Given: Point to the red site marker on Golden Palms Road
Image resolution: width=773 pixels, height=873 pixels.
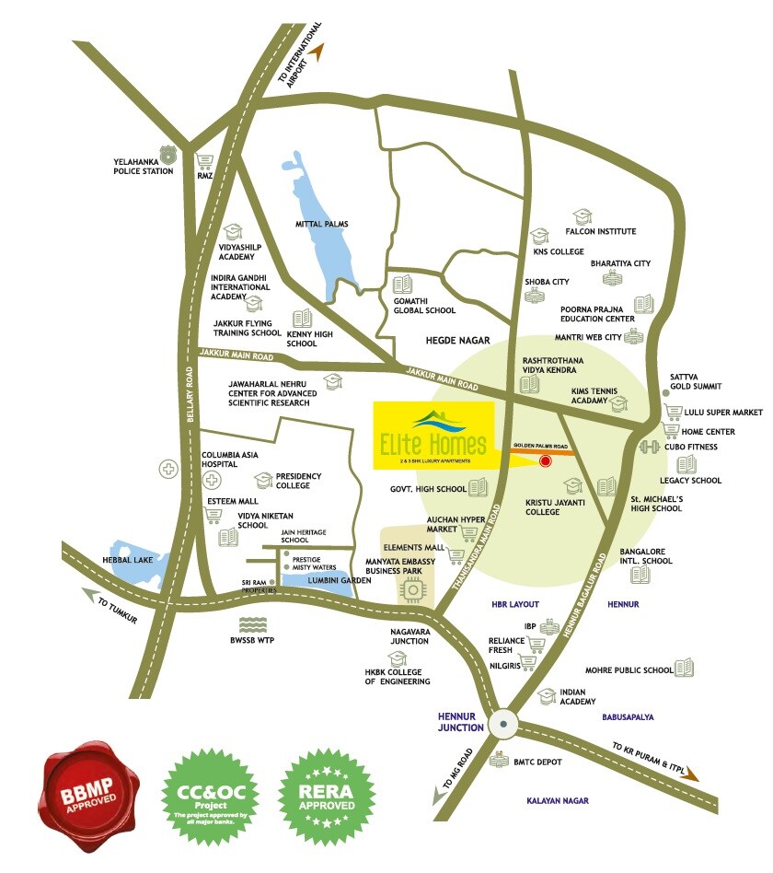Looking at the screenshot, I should pyautogui.click(x=545, y=461).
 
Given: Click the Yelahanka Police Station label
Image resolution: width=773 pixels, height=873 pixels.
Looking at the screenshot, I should pyautogui.click(x=143, y=165).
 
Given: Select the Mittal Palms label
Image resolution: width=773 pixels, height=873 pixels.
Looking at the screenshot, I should pyautogui.click(x=321, y=224).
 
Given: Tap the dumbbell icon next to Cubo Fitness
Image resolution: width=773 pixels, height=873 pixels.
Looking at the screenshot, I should pyautogui.click(x=651, y=448).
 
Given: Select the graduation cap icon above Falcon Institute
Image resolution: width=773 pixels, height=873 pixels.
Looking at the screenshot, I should pyautogui.click(x=582, y=216).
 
